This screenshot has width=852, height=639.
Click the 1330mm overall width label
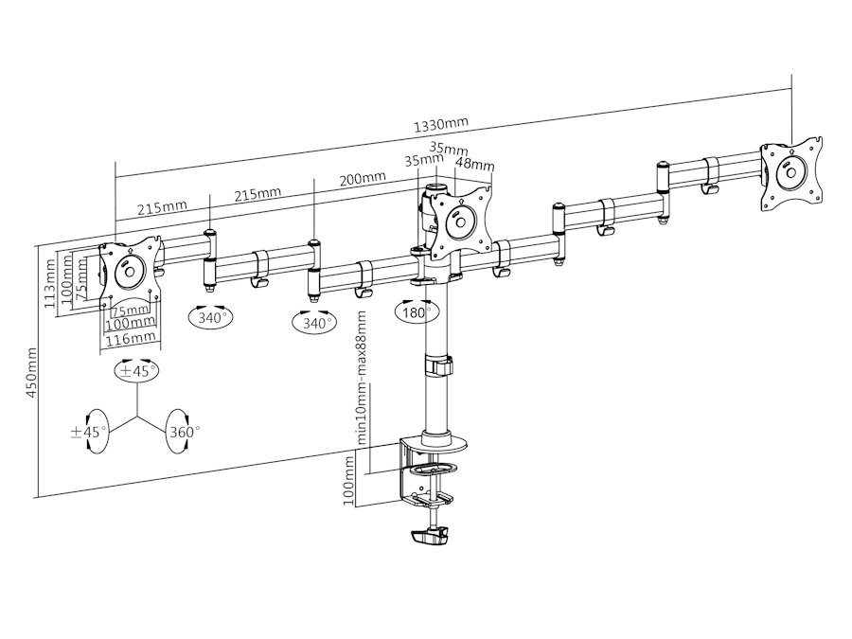pos(440,125)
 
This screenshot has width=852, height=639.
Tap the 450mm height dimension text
pos(32,373)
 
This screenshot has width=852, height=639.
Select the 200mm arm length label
pos(363,179)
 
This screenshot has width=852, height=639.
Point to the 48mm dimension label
pos(475,163)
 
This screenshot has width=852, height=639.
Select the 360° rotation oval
pos(182,432)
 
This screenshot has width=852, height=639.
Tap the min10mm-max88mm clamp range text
pos(362,378)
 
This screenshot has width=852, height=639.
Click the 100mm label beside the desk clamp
pos(349,480)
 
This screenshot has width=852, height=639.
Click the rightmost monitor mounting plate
pos(791,173)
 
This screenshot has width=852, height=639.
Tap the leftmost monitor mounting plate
pos(131,271)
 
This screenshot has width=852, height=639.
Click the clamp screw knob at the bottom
pos(429,537)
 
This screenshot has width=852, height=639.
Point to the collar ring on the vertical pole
pos(438,364)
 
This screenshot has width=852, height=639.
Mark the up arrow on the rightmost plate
pos(791,151)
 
